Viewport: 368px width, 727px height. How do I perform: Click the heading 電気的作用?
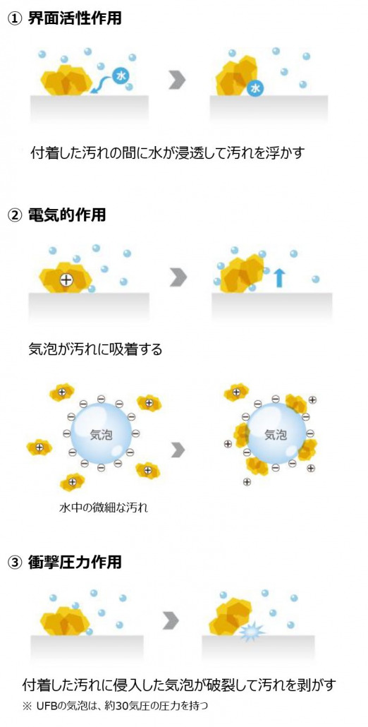point(67,215)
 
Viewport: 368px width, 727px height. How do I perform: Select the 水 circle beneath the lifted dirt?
point(254,87)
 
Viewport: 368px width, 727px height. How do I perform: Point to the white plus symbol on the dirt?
point(67,280)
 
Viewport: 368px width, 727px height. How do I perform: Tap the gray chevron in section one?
point(177,80)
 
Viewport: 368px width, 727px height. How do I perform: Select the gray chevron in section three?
point(171,621)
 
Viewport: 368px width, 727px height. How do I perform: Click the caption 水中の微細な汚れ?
point(103,507)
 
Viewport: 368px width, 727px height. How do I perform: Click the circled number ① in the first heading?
point(16,19)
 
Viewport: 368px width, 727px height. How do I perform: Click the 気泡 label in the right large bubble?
point(276,435)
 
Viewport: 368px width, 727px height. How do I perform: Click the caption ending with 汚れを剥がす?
point(178,685)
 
